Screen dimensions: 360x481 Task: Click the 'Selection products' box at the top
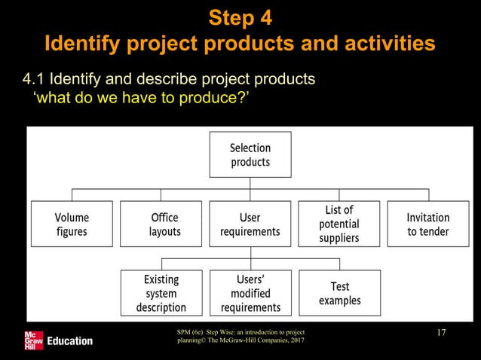coord(250,154)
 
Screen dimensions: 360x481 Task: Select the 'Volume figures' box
coord(72,224)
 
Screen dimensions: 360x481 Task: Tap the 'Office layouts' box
coord(161,224)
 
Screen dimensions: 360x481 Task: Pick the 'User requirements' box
coord(250,224)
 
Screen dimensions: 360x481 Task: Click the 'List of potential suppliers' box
coord(339,224)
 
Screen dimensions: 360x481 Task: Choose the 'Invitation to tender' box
coord(427,224)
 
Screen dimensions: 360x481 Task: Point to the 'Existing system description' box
coord(161,293)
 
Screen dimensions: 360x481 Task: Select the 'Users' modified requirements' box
coord(250,293)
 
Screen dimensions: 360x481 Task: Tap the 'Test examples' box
coord(339,293)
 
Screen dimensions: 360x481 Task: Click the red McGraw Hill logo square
coord(34,340)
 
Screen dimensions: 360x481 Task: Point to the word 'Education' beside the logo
coord(70,341)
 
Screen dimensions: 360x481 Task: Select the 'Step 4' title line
coord(240,17)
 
